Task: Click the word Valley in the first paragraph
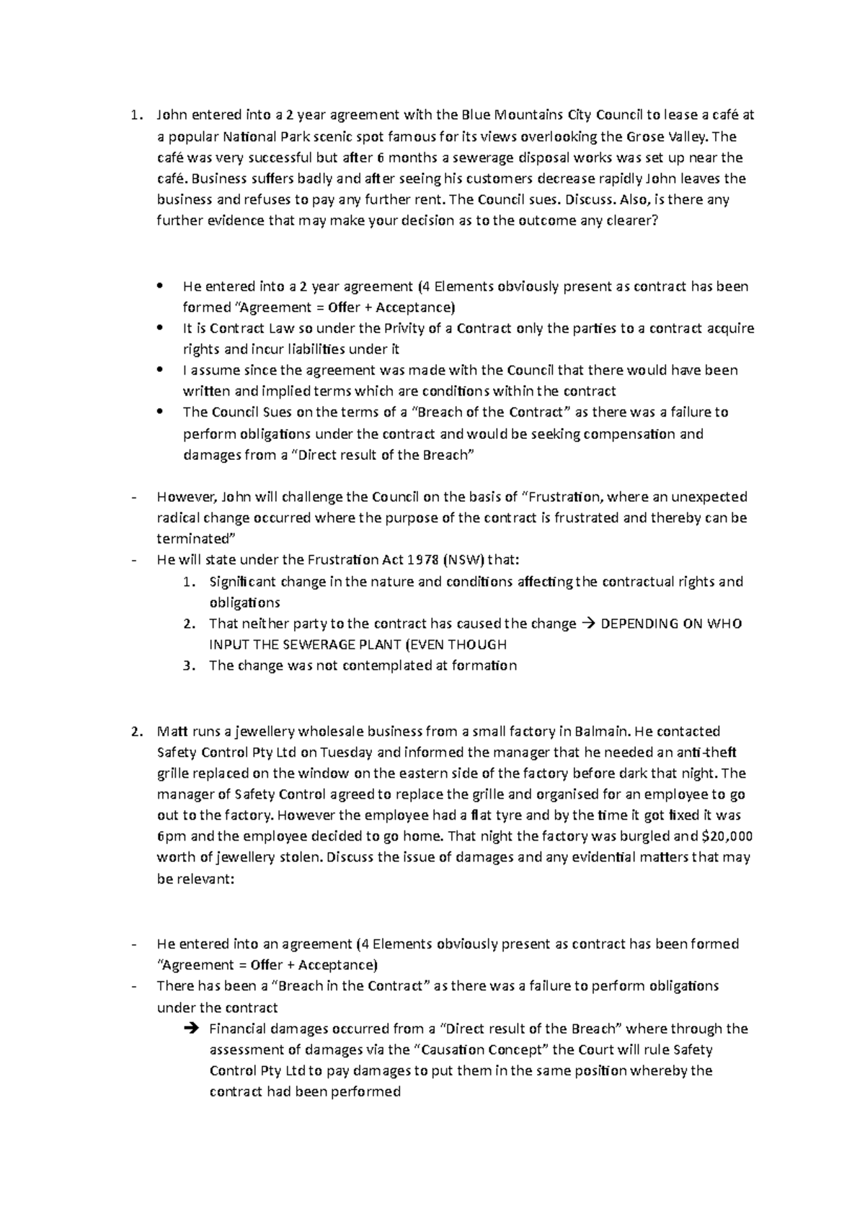[688, 137]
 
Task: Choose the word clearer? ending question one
[626, 221]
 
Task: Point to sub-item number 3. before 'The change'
[189, 665]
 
